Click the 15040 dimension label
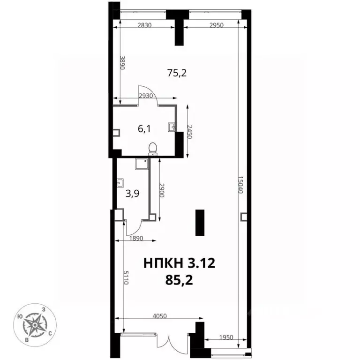[240, 185]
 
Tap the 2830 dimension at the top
[144, 25]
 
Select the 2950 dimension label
[216, 25]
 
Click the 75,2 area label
[177, 73]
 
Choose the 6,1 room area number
[144, 129]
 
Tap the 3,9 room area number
[133, 194]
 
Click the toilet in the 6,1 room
[153, 149]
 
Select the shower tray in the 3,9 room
[142, 164]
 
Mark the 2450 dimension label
[189, 132]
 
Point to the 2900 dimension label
[162, 190]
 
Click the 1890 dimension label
[136, 238]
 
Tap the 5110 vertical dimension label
[126, 277]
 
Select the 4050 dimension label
[159, 316]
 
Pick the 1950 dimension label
[226, 337]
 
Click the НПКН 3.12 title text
[180, 263]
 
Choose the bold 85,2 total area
[179, 280]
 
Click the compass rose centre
[35, 325]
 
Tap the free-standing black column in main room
[200, 223]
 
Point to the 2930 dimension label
[146, 96]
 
